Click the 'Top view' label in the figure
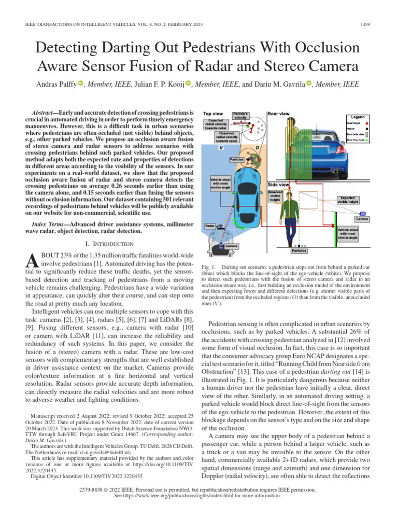pyautogui.click(x=213, y=113)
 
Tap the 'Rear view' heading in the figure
pyautogui.click(x=279, y=113)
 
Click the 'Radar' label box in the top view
pyautogui.click(x=210, y=226)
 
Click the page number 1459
pyautogui.click(x=365, y=25)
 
